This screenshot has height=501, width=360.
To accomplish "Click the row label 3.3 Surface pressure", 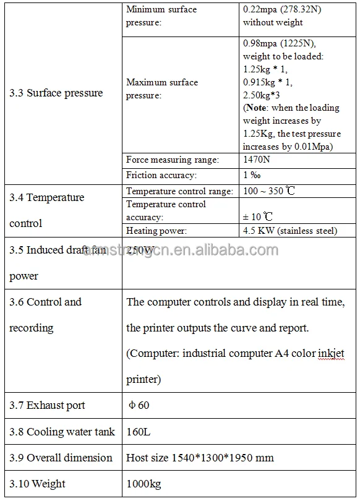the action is (56, 93).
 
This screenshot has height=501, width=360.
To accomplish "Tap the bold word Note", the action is (257, 108).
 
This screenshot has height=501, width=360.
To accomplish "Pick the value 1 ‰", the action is (252, 176).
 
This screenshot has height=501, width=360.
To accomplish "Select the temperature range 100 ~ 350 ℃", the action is (269, 191).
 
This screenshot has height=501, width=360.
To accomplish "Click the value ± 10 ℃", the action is (259, 216).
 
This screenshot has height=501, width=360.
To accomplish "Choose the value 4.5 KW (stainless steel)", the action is (290, 231).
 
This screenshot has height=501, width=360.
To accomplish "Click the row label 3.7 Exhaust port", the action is (47, 406).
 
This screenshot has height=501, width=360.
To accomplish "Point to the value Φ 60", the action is (139, 406).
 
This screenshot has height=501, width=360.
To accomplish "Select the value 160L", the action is (139, 432).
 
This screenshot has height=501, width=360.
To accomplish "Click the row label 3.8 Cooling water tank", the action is (62, 432).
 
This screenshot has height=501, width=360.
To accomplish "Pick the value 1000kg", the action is (143, 484).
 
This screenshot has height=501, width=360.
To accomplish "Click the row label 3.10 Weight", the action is (37, 484).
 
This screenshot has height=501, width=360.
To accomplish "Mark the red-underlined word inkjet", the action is (331, 354).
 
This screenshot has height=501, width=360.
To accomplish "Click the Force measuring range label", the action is (173, 160).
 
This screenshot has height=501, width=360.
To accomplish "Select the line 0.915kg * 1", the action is (268, 82).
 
